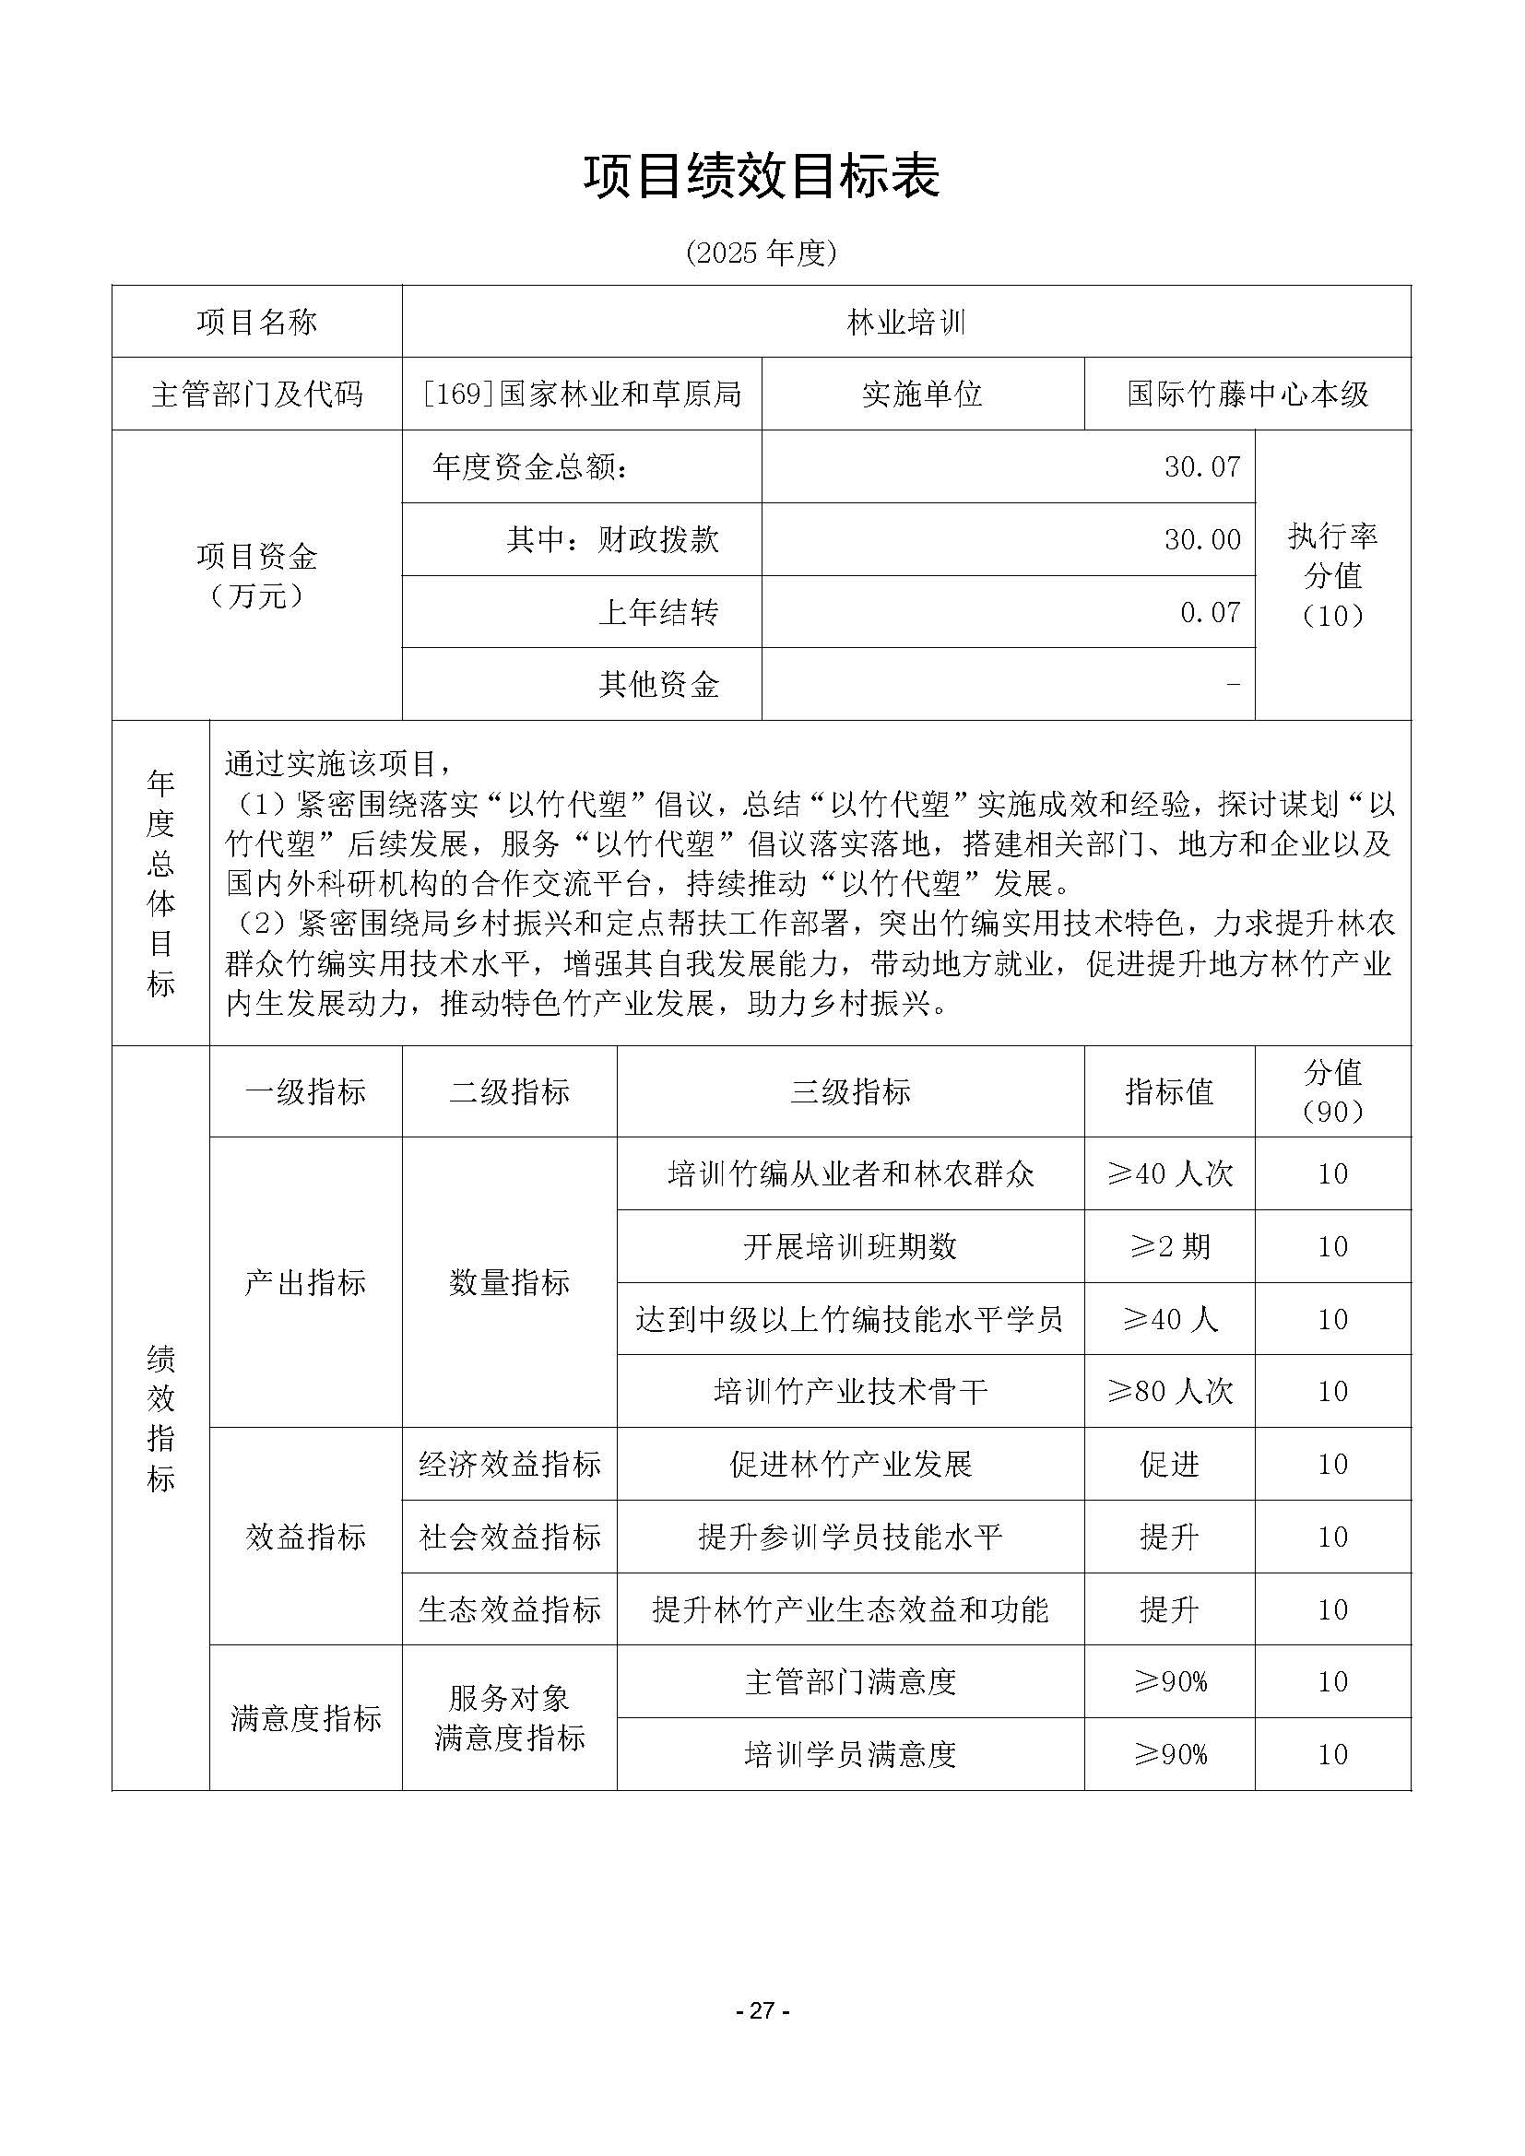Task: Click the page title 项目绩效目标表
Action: (762, 177)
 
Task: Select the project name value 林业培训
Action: (906, 323)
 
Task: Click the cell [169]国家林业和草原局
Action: (582, 395)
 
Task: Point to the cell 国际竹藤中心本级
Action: (1247, 395)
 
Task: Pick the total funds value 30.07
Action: (1202, 466)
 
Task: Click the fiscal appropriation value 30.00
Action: (1202, 540)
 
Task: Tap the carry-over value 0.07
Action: (1210, 612)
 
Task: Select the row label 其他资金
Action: (658, 685)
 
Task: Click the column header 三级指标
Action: (851, 1092)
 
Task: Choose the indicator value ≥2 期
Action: (1169, 1247)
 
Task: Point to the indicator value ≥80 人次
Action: (1169, 1392)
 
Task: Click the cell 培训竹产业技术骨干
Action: (851, 1392)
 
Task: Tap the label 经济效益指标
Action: (510, 1465)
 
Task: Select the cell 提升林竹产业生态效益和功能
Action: (851, 1610)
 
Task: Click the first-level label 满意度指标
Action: (306, 1718)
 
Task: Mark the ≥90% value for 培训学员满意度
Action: (1169, 1755)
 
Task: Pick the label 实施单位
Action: (922, 395)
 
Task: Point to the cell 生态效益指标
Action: (510, 1610)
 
